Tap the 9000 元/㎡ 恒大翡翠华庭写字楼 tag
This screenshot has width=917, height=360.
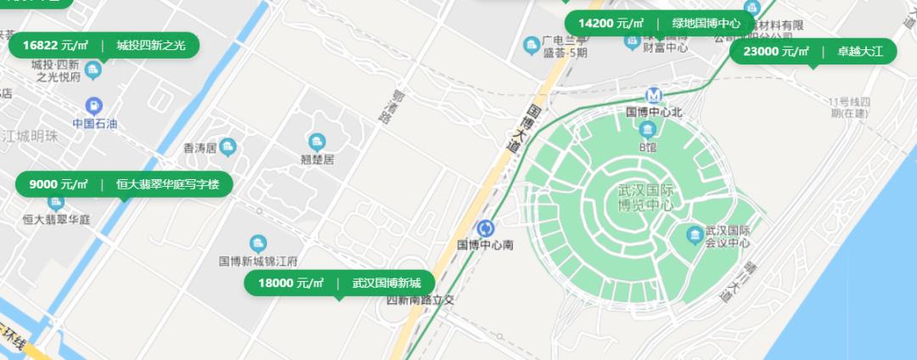(x=124, y=184)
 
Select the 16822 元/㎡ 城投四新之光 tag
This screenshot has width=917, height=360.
(x=104, y=45)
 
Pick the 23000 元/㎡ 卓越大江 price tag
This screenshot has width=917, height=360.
(x=813, y=52)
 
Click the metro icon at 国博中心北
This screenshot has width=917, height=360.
(x=655, y=95)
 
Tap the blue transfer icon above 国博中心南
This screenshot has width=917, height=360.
(x=486, y=228)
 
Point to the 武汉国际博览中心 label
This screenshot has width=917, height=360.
(x=645, y=199)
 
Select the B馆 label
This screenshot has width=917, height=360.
(x=648, y=146)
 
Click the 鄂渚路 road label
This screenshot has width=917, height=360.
(x=392, y=109)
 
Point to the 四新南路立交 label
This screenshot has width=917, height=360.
(x=421, y=300)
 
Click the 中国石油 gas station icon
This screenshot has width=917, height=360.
(x=94, y=106)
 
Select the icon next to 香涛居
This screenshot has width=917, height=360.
(x=228, y=148)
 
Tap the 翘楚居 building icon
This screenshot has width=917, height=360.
(x=318, y=141)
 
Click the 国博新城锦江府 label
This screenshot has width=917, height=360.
(x=258, y=261)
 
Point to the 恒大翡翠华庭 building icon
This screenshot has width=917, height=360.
(x=56, y=202)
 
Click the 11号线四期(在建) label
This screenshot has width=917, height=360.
(x=851, y=107)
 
